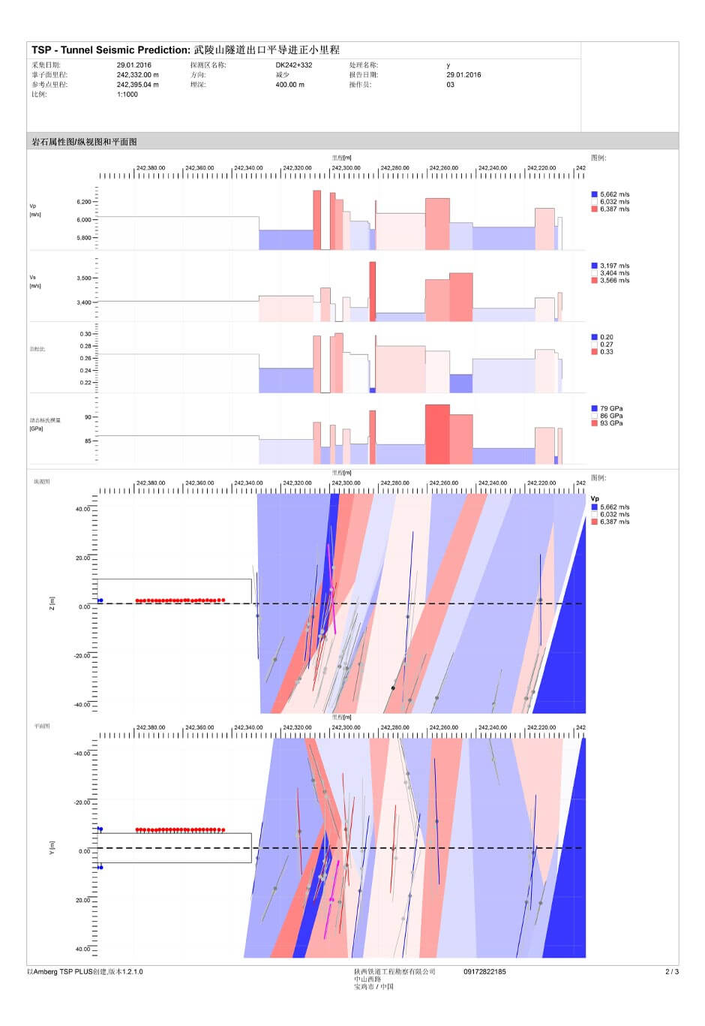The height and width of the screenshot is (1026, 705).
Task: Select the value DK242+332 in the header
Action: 294,65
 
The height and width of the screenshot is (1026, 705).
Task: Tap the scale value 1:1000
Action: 127,95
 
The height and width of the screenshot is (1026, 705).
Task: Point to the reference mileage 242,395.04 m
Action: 138,85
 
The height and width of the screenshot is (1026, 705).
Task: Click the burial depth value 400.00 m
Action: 290,85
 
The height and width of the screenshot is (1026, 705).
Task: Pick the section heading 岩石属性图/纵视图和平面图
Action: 84,142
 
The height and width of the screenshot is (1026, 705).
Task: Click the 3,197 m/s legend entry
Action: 614,266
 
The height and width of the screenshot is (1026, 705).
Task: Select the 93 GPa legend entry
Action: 610,423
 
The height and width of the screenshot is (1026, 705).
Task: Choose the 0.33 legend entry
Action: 606,352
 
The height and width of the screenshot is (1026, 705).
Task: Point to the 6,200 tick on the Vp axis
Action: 84,202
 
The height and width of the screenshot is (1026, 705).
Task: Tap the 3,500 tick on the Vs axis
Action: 84,278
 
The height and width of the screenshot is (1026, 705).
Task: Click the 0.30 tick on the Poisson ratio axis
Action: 85,334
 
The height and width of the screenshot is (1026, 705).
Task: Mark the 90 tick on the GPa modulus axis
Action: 88,417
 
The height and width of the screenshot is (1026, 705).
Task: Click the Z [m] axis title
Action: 52,603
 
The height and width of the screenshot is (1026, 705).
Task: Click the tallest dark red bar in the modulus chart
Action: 437,434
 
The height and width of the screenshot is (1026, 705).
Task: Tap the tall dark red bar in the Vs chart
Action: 373,291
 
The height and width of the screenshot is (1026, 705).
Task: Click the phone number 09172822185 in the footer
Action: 484,972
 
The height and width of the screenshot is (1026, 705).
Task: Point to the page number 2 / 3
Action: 672,972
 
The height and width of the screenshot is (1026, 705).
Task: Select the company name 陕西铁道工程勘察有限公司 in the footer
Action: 394,972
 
